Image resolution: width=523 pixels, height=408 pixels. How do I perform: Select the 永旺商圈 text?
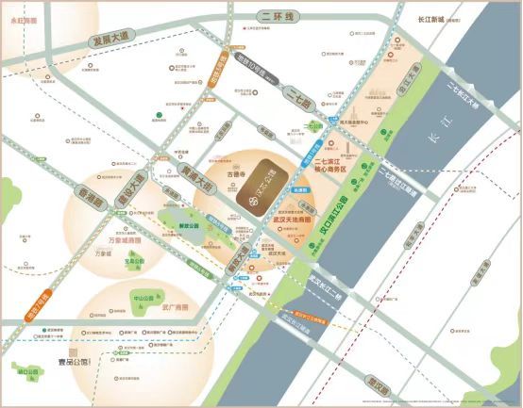[23, 19]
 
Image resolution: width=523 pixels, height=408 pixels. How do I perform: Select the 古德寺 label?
[232, 175]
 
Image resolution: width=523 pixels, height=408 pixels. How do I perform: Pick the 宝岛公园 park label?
[133, 260]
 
